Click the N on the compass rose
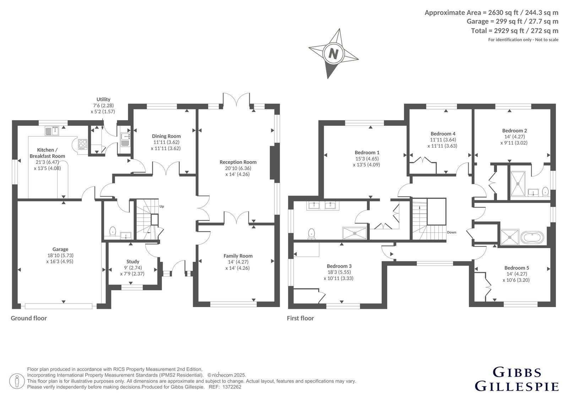[333, 54]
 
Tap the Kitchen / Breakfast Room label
[48, 153]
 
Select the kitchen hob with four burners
[82, 144]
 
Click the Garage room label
[60, 250]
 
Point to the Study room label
[133, 262]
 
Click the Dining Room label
[166, 136]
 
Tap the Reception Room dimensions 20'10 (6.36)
[238, 168]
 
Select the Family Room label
[238, 256]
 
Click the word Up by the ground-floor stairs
[162, 207]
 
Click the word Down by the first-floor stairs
[452, 232]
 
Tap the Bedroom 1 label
[367, 152]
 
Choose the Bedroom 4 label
[443, 134]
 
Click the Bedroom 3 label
[339, 266]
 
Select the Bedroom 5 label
[517, 268]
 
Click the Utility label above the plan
[103, 99]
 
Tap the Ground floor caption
[29, 318]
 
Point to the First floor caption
[300, 318]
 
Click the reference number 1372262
[232, 387]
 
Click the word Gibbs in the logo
[517, 372]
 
